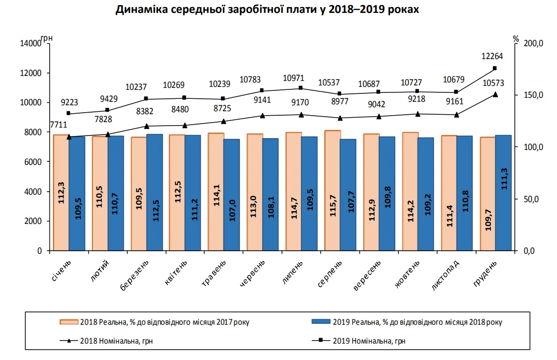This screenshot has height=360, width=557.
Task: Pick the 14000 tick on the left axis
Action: point(31,44)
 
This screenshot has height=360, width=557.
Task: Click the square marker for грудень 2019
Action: point(494,68)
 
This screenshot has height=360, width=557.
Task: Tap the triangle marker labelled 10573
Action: point(494,94)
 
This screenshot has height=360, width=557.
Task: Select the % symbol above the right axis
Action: point(516,39)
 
